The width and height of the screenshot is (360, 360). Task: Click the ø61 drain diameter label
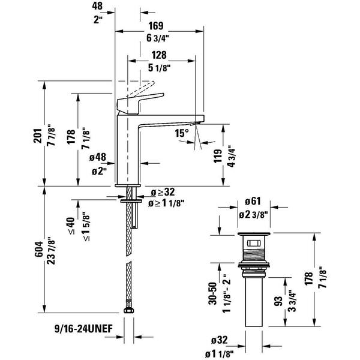click(x=252, y=202)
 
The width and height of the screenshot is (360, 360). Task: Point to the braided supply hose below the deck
click(x=128, y=240)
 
